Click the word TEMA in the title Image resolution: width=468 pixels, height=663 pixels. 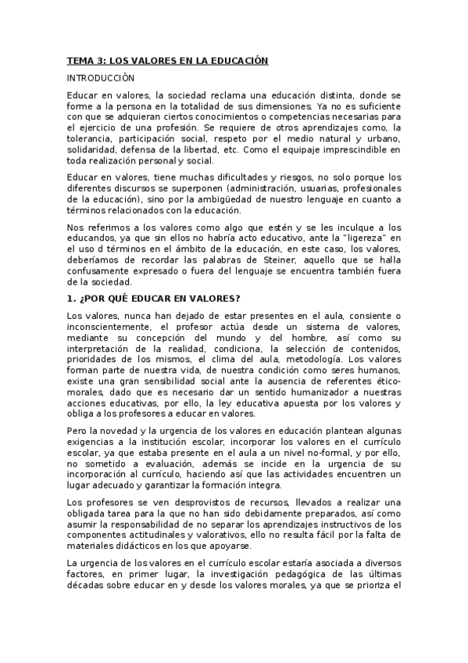[x=79, y=60]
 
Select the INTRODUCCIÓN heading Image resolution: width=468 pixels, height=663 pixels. [x=101, y=78]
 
